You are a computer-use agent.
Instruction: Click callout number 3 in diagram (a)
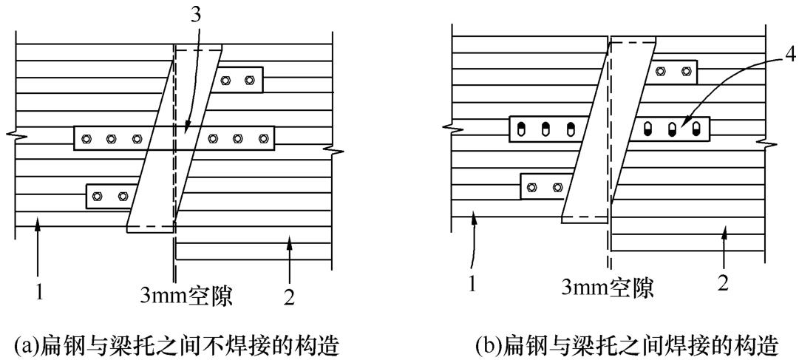[x=196, y=16]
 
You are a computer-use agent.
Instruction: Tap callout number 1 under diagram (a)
[x=40, y=293]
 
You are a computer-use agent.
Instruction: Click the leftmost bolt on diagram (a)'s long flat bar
[x=86, y=138]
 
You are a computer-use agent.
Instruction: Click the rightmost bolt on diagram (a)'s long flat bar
[x=263, y=138]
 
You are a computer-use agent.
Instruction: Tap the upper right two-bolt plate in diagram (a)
[x=239, y=79]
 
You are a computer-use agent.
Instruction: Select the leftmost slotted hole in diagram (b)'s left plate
[x=520, y=129]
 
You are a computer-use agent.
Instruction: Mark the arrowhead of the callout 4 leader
[x=684, y=123]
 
